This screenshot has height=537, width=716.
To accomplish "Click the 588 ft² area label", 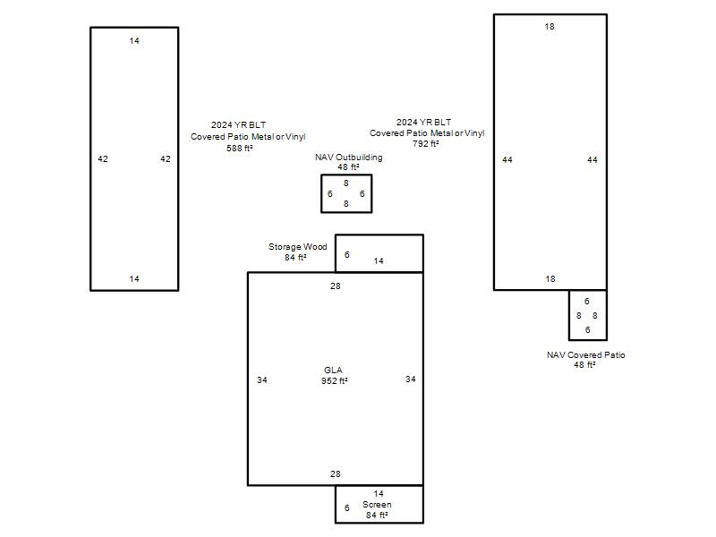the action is pos(240,148).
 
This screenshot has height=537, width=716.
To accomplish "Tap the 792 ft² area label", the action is pos(426,143).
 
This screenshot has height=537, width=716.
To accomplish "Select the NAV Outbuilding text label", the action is pos(349,158).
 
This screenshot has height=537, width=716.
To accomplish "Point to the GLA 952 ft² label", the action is pos(334,375).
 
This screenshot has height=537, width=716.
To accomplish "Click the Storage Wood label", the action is pos(298,247).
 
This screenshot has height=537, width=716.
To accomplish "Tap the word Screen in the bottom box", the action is pos(377,504).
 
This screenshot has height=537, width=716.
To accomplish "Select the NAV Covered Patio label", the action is pos(586,354).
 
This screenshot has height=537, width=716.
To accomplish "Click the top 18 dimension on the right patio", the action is pos(550,27).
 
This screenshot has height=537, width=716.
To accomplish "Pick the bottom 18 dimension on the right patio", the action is pos(550,278).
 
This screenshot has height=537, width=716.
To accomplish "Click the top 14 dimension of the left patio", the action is pos(134,40).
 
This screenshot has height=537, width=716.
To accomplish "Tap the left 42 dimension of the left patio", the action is pos(103,159).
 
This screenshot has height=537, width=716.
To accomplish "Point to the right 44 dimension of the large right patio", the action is pos(592,159).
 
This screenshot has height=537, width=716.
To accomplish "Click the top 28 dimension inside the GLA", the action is pos(336,286).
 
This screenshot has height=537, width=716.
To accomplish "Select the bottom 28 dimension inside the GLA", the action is pos(336,474).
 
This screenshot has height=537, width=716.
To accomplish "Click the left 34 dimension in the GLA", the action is pos(262,379).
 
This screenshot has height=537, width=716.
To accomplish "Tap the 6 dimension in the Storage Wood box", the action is pos(347,254).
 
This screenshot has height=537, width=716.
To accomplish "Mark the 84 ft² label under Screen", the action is pos(377,516).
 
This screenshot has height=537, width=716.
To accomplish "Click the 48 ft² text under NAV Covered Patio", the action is pos(585,365).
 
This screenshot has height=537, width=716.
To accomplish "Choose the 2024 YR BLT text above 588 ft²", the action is pos(238,124).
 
